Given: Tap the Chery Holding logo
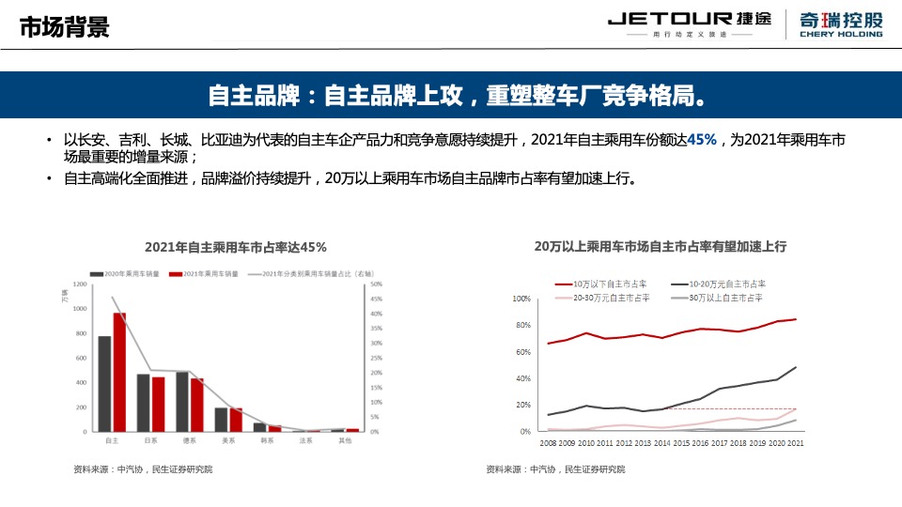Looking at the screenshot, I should coord(841,23).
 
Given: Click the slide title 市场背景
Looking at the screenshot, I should coord(65,26).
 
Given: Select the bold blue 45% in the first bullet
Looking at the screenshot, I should coord(702,140).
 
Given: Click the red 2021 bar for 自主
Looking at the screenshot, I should coord(119,372).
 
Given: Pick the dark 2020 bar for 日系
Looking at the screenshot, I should coord(144,403).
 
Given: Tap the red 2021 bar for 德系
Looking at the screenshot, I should coord(197,405).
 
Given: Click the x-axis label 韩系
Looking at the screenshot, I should coord(267,439).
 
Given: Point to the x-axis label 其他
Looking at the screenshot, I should coord(345,439).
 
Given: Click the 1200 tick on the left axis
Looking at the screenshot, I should coord(79,284).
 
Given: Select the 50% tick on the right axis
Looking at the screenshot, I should coord(377,284).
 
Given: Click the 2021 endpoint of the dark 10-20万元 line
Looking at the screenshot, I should coord(796,367).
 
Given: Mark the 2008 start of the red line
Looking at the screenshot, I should coord(549,344).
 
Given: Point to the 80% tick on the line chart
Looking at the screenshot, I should coord(521,326).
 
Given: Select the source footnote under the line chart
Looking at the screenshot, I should coord(554,469).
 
